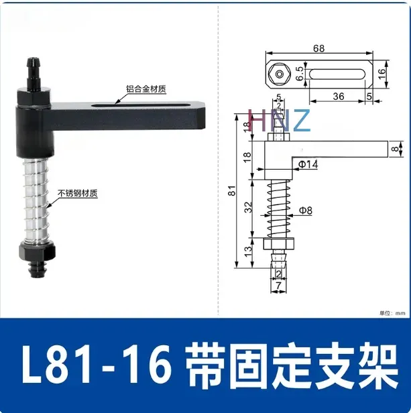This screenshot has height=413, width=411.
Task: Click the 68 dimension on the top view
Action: click(x=318, y=48)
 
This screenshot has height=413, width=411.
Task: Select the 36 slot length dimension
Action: click(x=338, y=96)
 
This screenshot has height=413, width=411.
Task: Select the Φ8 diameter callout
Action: click(x=306, y=210)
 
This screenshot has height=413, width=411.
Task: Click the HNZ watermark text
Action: click(x=278, y=121)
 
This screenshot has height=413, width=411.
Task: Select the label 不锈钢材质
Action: click(x=78, y=194)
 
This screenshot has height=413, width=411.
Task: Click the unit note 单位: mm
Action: click(x=392, y=312)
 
